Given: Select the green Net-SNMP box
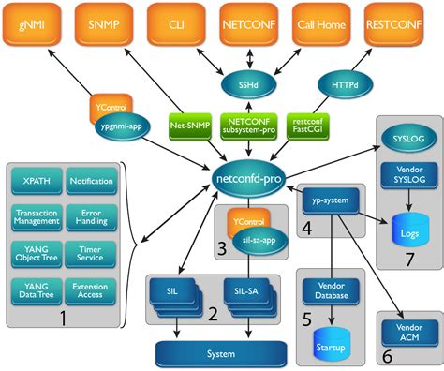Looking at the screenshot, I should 189,125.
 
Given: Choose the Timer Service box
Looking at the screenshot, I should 91,254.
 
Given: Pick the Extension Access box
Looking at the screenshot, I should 91,291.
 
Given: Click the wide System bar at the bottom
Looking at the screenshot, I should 220,354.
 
